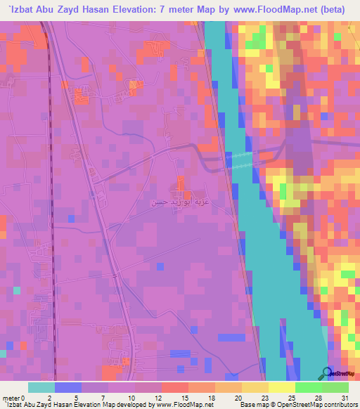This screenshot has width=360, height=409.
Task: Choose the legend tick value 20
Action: click(x=240, y=397)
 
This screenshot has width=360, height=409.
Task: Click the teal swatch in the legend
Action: click(x=41, y=387)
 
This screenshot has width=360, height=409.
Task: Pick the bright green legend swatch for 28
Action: click(x=308, y=387)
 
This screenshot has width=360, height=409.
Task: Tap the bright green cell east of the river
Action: click(x=283, y=191)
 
